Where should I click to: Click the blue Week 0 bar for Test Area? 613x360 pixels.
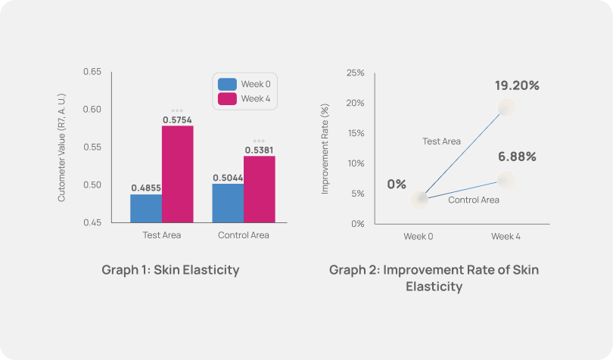pos(145,208)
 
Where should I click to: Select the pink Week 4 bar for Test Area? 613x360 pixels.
pos(177,174)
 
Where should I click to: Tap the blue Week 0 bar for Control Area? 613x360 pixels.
pos(228,203)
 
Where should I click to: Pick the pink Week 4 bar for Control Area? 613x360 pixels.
pos(259,189)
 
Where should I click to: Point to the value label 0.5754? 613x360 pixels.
pos(177,119)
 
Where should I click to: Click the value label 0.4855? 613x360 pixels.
pos(145,188)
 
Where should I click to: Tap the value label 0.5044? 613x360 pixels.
pos(228,177)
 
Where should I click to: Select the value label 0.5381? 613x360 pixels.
pos(259,150)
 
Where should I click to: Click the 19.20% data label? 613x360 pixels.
pos(517,85)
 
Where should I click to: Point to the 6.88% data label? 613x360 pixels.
pos(517,157)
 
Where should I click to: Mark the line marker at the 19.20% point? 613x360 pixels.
pos(506,107)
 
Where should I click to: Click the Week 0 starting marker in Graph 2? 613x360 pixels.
pos(419,199)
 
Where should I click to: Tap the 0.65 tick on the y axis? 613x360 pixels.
pos(92,72)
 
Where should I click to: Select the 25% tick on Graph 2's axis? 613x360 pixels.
pos(356,73)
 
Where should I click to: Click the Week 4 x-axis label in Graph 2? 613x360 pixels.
pos(506,236)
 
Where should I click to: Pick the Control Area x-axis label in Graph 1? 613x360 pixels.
pos(243,235)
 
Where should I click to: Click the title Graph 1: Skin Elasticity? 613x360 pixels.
pos(170,270)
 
